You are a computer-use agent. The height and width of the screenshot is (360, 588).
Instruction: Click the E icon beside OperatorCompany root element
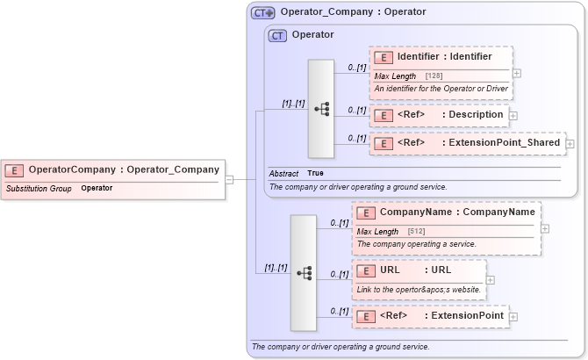(x=14, y=169)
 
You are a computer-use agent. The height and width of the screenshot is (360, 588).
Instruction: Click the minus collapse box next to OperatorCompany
(x=229, y=179)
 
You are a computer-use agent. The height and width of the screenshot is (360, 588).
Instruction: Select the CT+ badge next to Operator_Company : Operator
(x=262, y=12)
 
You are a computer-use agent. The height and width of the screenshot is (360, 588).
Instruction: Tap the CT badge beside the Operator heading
(x=277, y=35)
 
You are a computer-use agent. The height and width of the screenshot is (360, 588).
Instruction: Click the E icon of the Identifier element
(x=383, y=57)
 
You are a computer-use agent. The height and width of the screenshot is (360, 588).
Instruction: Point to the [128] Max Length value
(x=434, y=76)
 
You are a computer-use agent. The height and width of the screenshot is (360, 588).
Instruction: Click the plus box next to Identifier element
(x=517, y=74)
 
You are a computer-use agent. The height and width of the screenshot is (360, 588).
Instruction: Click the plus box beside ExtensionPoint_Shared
(x=570, y=143)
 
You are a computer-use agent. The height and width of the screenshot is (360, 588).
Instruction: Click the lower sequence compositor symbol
(x=305, y=273)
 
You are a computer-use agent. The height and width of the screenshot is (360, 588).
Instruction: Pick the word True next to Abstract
(x=315, y=173)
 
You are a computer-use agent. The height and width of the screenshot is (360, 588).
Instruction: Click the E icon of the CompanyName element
(x=365, y=212)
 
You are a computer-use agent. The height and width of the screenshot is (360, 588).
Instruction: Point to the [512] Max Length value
(x=417, y=231)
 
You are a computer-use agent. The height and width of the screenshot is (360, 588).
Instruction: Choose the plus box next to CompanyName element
(x=545, y=228)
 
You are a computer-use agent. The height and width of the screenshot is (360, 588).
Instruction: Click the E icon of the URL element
(x=365, y=270)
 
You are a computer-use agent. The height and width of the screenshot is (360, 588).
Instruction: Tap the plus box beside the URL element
(x=490, y=280)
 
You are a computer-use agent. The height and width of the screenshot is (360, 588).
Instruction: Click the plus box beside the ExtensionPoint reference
(x=513, y=316)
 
